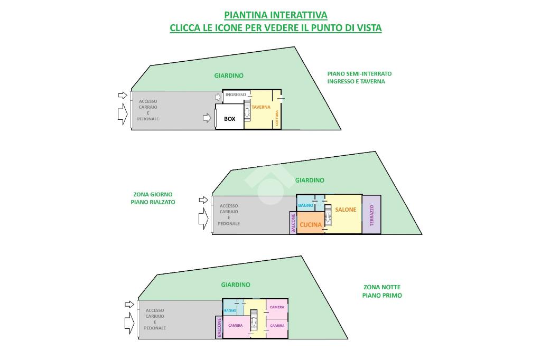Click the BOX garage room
point(229,119)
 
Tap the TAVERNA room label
point(261,107)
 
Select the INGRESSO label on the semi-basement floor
point(236,95)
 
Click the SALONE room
point(346,210)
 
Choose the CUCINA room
point(311,225)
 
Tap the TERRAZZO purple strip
point(371,215)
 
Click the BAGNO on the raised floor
point(305,205)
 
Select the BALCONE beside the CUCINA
point(293,223)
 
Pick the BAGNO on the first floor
point(230,311)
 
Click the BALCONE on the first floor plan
point(219,327)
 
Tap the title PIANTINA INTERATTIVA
point(276,15)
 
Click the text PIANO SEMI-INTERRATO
point(359,74)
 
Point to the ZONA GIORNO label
point(153,194)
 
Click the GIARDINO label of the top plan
point(229,75)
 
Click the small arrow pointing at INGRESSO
point(218,97)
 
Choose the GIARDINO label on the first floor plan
point(236,285)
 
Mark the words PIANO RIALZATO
point(153,202)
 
